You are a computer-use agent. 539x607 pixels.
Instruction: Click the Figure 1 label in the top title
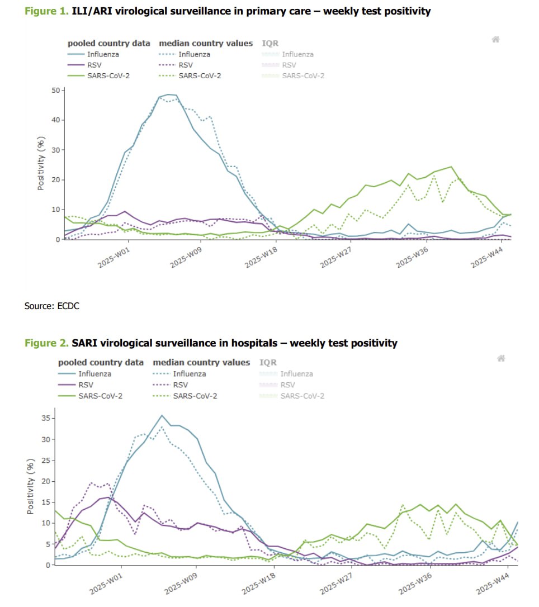coord(45,11)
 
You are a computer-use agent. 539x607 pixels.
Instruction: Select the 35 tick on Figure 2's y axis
coord(46,419)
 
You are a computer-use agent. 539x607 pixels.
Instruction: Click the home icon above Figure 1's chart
coord(495,39)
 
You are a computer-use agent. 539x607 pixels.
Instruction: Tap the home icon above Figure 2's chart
coord(502,358)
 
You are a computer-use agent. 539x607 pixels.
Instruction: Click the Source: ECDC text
coord(49,306)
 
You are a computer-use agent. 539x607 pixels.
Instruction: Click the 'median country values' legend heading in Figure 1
coord(206,43)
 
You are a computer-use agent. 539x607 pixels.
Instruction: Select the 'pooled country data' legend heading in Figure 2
coord(101,362)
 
